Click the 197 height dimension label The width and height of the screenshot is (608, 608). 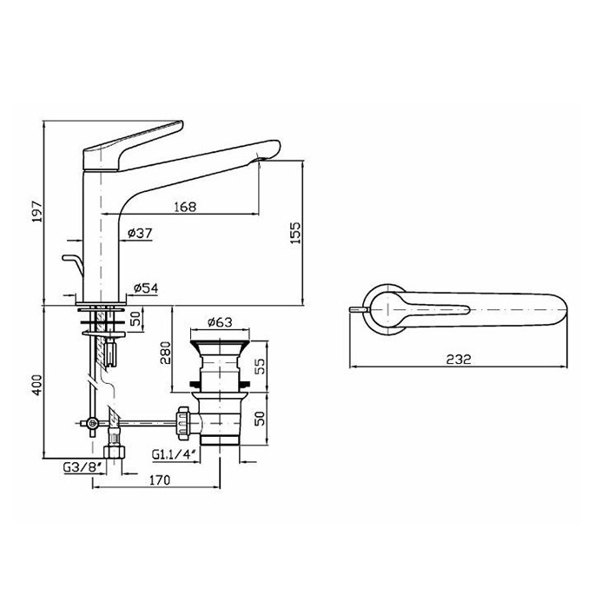tap(37, 211)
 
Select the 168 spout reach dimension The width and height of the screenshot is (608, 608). tap(185, 207)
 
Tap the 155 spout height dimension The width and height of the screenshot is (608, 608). tap(295, 233)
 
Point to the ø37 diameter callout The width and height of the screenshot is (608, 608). tap(140, 233)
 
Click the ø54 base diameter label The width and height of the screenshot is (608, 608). tap(146, 287)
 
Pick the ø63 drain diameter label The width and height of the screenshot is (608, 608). tap(220, 322)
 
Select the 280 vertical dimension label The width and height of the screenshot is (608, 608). tap(165, 353)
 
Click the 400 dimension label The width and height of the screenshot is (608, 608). tap(37, 385)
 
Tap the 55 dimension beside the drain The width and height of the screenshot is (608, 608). tap(261, 366)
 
